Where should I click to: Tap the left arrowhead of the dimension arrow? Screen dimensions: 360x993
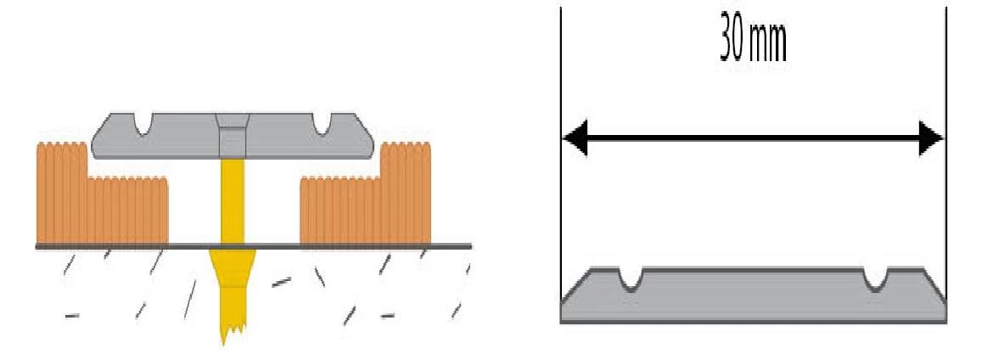(x=575, y=138)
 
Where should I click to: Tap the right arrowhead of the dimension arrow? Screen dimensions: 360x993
(x=931, y=138)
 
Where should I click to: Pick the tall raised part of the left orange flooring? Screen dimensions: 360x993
(x=61, y=191)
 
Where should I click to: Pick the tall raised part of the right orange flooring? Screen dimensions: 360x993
(x=406, y=191)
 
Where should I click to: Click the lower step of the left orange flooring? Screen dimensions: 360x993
(x=127, y=210)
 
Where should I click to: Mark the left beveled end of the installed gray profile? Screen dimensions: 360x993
(x=100, y=139)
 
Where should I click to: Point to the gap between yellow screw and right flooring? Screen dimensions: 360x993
(x=272, y=204)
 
